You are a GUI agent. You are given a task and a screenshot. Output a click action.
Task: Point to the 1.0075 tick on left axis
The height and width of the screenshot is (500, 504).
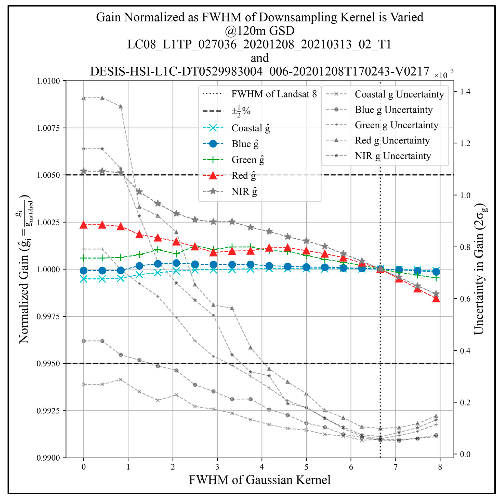pos(48,128)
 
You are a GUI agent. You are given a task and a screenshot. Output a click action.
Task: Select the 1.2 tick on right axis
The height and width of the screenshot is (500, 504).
pos(465,143)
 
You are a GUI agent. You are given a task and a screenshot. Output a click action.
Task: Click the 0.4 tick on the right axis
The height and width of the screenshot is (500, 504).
pos(465,351)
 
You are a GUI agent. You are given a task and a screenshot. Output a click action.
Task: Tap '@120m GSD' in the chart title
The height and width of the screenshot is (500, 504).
pos(260,31)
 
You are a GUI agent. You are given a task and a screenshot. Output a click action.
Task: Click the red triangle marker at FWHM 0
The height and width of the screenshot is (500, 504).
pos(83,225)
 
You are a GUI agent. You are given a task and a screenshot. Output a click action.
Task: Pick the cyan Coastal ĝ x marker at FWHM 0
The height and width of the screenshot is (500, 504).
pos(83,279)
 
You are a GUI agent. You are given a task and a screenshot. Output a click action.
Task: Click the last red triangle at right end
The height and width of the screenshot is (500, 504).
pos(436,299)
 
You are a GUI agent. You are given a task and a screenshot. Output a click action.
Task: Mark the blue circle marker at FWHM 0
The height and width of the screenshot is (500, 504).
pos(83,271)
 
